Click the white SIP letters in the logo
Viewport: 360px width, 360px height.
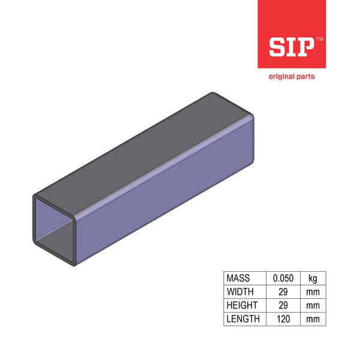(x=290, y=47)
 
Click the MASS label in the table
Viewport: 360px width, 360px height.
(x=238, y=278)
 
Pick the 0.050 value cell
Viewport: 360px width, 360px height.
(x=283, y=278)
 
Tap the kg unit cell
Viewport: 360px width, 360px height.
(x=312, y=278)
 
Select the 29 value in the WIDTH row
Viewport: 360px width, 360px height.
(x=283, y=292)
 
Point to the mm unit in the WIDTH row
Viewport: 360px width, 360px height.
(x=312, y=292)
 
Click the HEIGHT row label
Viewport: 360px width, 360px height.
(x=242, y=305)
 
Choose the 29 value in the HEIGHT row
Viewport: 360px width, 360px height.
(x=283, y=305)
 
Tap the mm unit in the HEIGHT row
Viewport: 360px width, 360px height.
(x=312, y=305)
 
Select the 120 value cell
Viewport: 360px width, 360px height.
(x=283, y=319)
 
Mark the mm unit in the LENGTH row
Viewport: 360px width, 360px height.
(x=312, y=319)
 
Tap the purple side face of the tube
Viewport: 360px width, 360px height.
(x=168, y=192)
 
